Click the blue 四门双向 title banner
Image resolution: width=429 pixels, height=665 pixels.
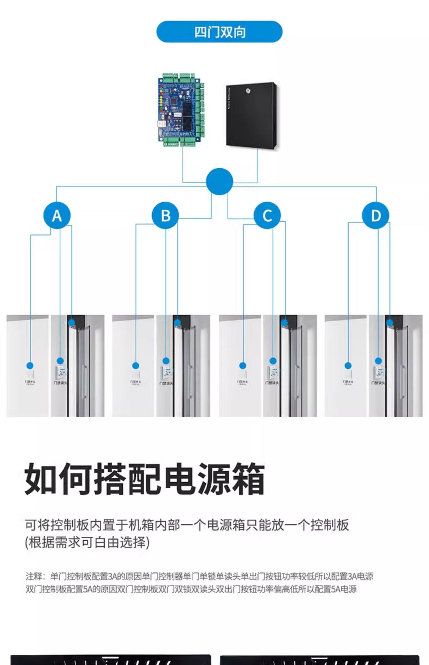click(219, 32)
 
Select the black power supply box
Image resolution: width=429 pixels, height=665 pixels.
click(252, 115)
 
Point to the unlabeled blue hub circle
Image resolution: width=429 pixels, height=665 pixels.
click(219, 181)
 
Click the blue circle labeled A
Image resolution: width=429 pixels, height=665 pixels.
click(57, 215)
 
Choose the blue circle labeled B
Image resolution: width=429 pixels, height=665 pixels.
click(165, 215)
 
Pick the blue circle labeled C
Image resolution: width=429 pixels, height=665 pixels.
click(267, 215)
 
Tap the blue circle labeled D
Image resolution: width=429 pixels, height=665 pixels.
click(376, 215)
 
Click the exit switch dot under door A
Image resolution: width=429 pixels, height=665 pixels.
click(30, 365)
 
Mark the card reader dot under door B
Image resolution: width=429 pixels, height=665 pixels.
click(166, 361)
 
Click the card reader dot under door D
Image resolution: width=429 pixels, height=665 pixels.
click(378, 361)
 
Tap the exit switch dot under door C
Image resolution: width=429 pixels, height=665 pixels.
click(243, 365)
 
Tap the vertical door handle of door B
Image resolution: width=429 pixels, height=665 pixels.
click(190, 381)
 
